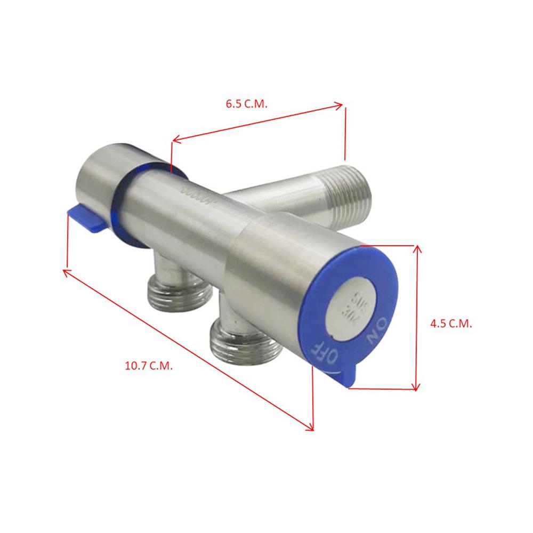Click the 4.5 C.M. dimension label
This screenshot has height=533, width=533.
(451, 323)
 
